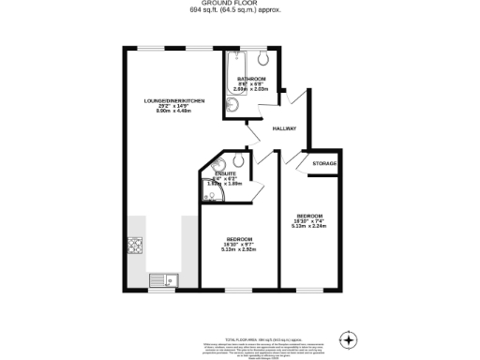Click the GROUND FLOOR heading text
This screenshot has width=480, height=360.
(x=240, y=4)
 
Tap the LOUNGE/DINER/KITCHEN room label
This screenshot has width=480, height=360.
(x=168, y=99)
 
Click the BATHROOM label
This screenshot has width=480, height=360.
(x=250, y=78)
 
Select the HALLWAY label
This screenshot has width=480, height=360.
(x=284, y=128)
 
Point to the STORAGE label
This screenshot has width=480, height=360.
(x=324, y=163)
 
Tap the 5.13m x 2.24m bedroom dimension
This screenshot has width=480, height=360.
(x=308, y=225)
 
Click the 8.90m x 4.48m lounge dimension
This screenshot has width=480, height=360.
(x=168, y=111)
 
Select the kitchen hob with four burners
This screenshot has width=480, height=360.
(x=134, y=247)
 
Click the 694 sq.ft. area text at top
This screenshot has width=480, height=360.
(x=240, y=11)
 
